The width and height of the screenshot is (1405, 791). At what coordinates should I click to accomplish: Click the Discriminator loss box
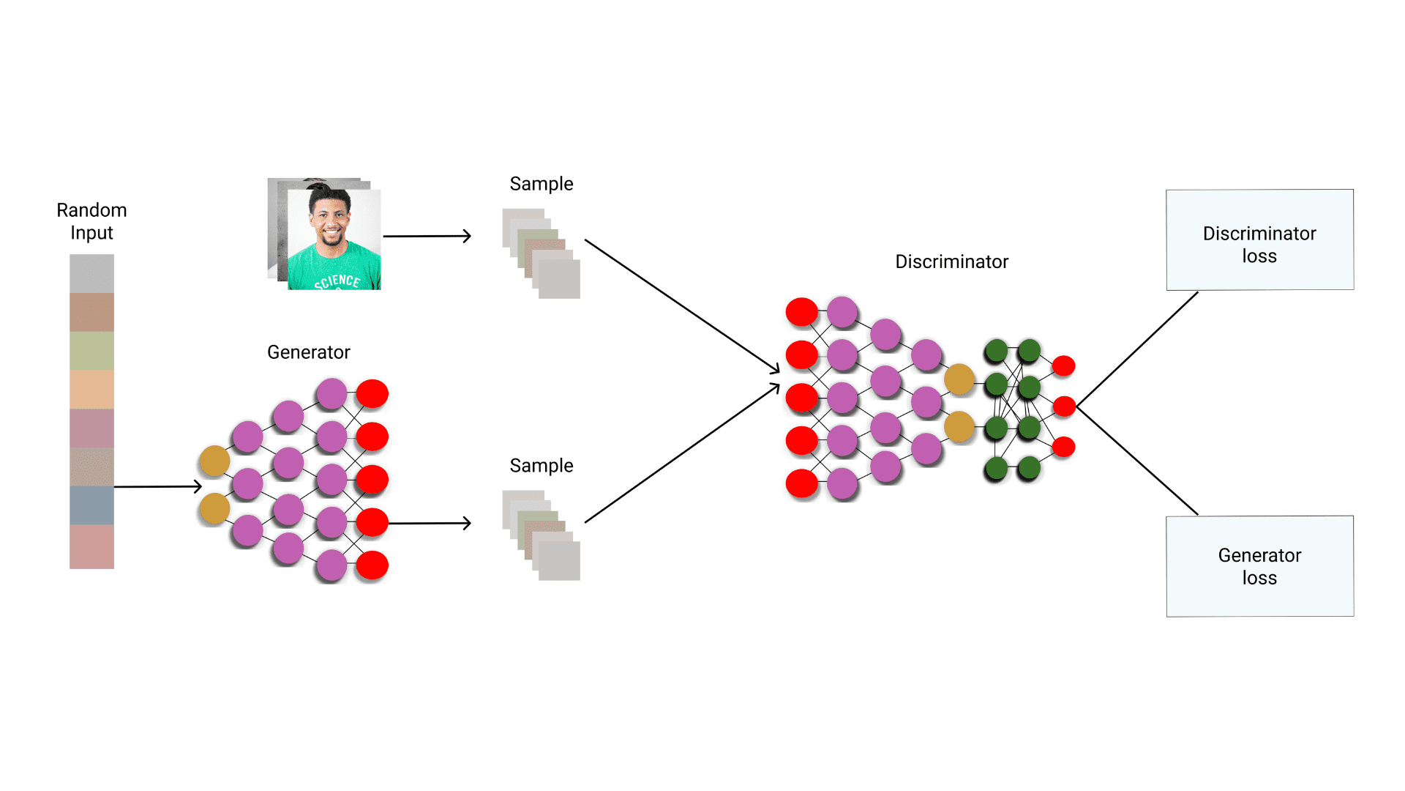click(1259, 240)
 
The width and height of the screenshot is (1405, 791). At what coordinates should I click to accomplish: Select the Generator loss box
click(1259, 566)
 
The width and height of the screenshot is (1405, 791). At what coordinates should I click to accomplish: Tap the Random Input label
click(91, 221)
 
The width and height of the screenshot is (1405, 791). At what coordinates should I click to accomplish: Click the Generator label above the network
click(308, 352)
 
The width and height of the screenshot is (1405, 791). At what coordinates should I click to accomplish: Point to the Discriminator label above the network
click(951, 261)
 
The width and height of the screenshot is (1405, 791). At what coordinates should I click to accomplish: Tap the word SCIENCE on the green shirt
click(337, 281)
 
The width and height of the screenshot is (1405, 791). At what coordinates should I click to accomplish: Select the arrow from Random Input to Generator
click(157, 486)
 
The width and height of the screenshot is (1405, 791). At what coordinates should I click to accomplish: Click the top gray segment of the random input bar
click(91, 273)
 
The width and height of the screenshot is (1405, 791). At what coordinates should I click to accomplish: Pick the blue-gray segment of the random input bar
click(91, 505)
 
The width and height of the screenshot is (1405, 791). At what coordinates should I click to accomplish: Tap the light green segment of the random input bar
click(91, 351)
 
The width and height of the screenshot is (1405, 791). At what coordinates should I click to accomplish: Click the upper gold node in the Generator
click(214, 461)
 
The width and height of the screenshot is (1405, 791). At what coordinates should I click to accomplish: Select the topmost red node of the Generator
click(372, 394)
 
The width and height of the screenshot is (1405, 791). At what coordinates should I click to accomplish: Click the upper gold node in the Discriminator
click(959, 379)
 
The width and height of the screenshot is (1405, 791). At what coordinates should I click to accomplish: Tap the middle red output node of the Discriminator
click(1064, 406)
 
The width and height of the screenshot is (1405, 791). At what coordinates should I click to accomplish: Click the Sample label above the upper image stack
click(541, 184)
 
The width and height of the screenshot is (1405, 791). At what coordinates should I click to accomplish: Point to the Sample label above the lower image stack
click(541, 466)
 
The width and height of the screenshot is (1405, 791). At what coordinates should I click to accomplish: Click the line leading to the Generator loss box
click(1138, 461)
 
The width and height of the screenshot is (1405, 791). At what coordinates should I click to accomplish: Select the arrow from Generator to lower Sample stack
click(430, 523)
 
